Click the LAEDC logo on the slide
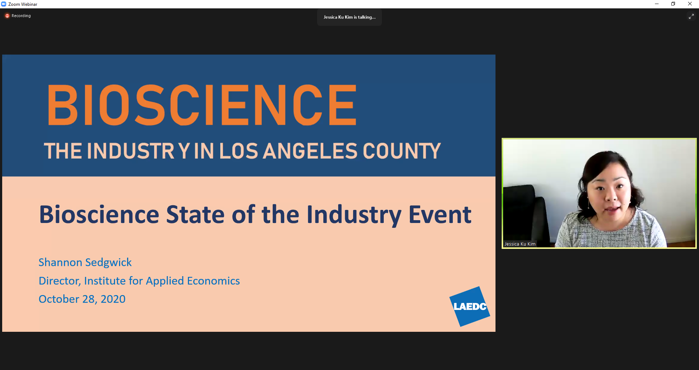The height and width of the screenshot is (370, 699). coord(470,306)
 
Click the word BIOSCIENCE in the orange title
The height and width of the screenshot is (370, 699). coord(202,105)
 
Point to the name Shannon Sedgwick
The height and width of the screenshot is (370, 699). coord(85,262)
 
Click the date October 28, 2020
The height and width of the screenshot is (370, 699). coord(82,299)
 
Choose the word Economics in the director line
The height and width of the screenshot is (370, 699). coord(213,281)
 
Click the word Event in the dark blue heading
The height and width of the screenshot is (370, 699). coord(440,214)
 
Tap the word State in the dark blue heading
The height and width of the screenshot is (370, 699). coord(195,214)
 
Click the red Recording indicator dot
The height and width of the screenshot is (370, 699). coord(7,16)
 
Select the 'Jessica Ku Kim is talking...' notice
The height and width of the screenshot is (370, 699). coord(349,17)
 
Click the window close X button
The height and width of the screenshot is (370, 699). coord(690,4)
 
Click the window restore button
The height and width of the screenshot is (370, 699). coord(673,4)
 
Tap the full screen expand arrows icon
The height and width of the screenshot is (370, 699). coord(691,16)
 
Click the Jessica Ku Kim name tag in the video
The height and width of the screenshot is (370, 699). coord(520,244)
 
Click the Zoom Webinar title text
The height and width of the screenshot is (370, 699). coord(23,4)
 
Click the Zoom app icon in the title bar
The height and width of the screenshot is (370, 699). coord(4,4)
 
